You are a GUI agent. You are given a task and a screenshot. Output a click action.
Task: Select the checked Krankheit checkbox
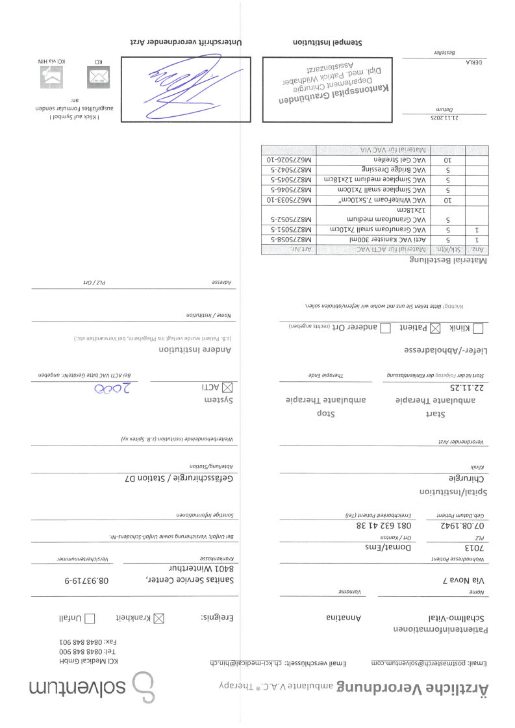click(158, 618)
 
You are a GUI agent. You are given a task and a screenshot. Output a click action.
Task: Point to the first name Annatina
click(351, 618)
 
